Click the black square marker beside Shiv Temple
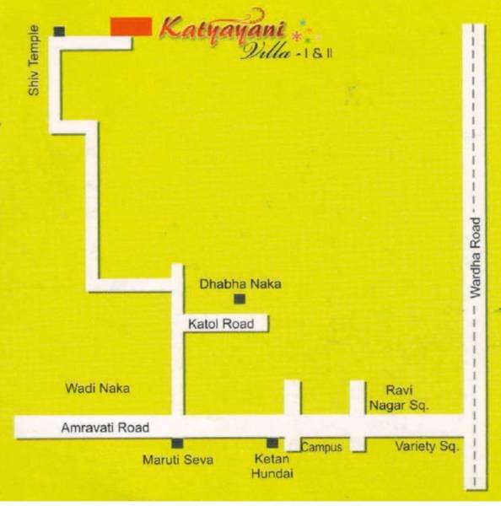(x=59, y=32)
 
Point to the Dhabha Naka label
(x=240, y=284)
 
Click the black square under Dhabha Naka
(x=240, y=299)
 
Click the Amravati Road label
(x=105, y=428)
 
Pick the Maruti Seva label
(x=177, y=460)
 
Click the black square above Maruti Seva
(x=177, y=444)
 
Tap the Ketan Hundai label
(x=272, y=467)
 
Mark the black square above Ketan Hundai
(x=272, y=444)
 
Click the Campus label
(x=321, y=447)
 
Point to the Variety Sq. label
(x=427, y=447)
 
